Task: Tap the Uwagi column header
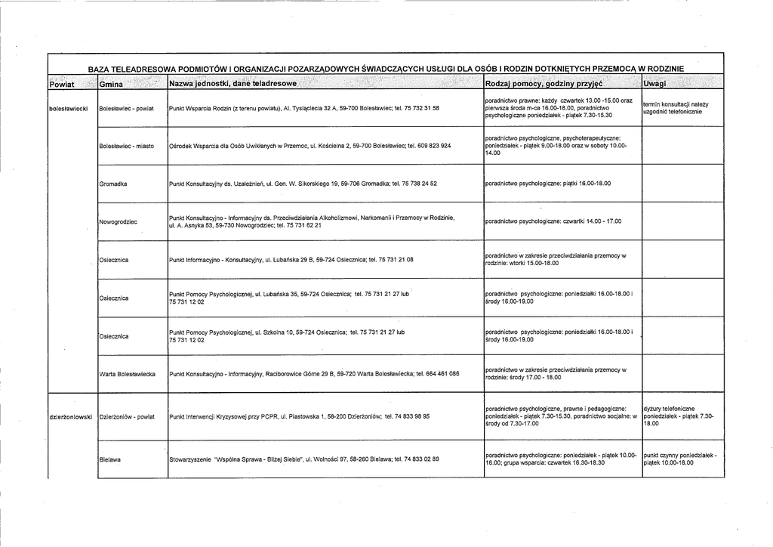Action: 655,82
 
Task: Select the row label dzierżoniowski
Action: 71,416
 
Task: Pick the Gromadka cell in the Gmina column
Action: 113,184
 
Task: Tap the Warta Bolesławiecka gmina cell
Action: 128,374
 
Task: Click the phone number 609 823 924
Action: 434,146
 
